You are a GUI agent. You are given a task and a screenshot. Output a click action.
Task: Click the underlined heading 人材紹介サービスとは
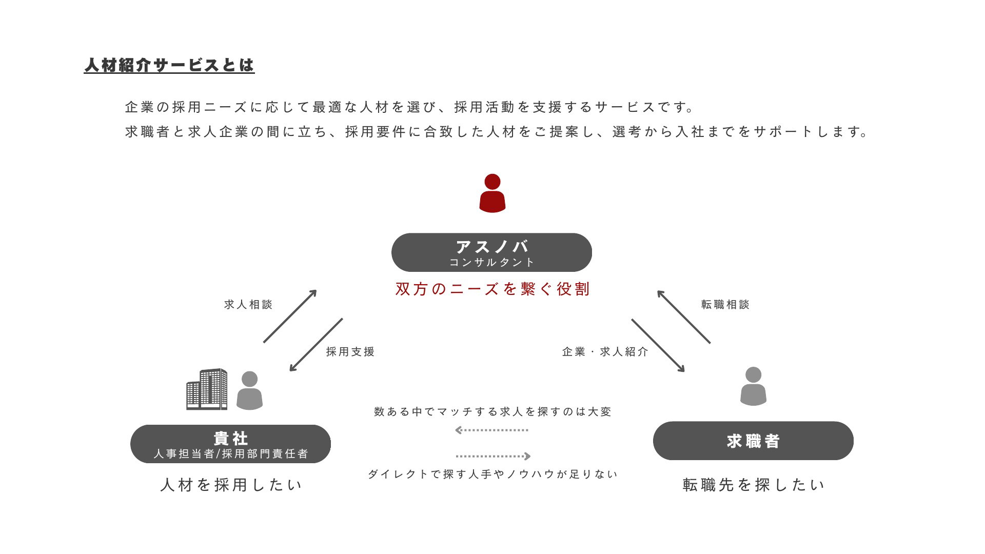pos(169,65)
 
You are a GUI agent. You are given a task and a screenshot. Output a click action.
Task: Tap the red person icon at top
pos(493,193)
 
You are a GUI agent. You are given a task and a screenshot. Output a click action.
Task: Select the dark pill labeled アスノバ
pos(491,252)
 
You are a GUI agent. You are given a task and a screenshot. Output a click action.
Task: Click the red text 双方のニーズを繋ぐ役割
pos(493,289)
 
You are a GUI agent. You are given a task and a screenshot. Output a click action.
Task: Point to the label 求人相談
pos(248,304)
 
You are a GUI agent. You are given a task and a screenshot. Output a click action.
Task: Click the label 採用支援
pos(350,351)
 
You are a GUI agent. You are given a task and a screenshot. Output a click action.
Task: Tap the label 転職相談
pos(725,304)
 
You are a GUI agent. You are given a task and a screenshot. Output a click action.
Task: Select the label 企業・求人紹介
pos(605,351)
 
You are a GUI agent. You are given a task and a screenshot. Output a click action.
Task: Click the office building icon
pos(207,389)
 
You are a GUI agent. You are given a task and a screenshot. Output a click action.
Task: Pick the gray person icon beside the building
pos(249,391)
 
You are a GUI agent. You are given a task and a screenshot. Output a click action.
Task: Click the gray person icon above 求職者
pos(753,386)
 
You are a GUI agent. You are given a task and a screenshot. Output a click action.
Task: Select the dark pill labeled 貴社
pos(230,444)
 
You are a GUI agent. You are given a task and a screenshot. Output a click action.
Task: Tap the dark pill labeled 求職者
pos(753,441)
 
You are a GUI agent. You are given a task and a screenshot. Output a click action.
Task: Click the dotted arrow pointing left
pos(491,430)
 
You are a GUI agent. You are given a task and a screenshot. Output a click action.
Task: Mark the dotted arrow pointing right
pos(493,456)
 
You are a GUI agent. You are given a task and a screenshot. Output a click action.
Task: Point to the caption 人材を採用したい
pos(231,485)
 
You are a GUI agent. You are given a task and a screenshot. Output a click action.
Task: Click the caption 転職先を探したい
pos(754,485)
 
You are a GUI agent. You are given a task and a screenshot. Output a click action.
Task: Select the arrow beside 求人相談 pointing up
pos(290,316)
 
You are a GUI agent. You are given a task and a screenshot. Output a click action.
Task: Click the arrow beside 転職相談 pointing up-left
pos(684,316)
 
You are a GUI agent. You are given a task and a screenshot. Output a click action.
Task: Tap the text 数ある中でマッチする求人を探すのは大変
pos(493,411)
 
